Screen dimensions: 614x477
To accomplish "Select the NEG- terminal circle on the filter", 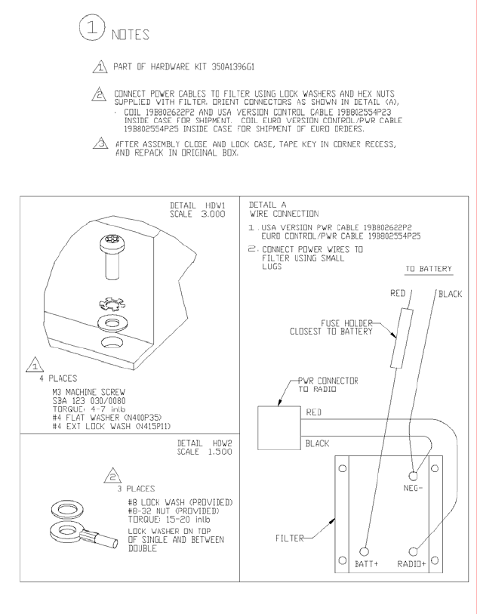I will (x=414, y=477).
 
